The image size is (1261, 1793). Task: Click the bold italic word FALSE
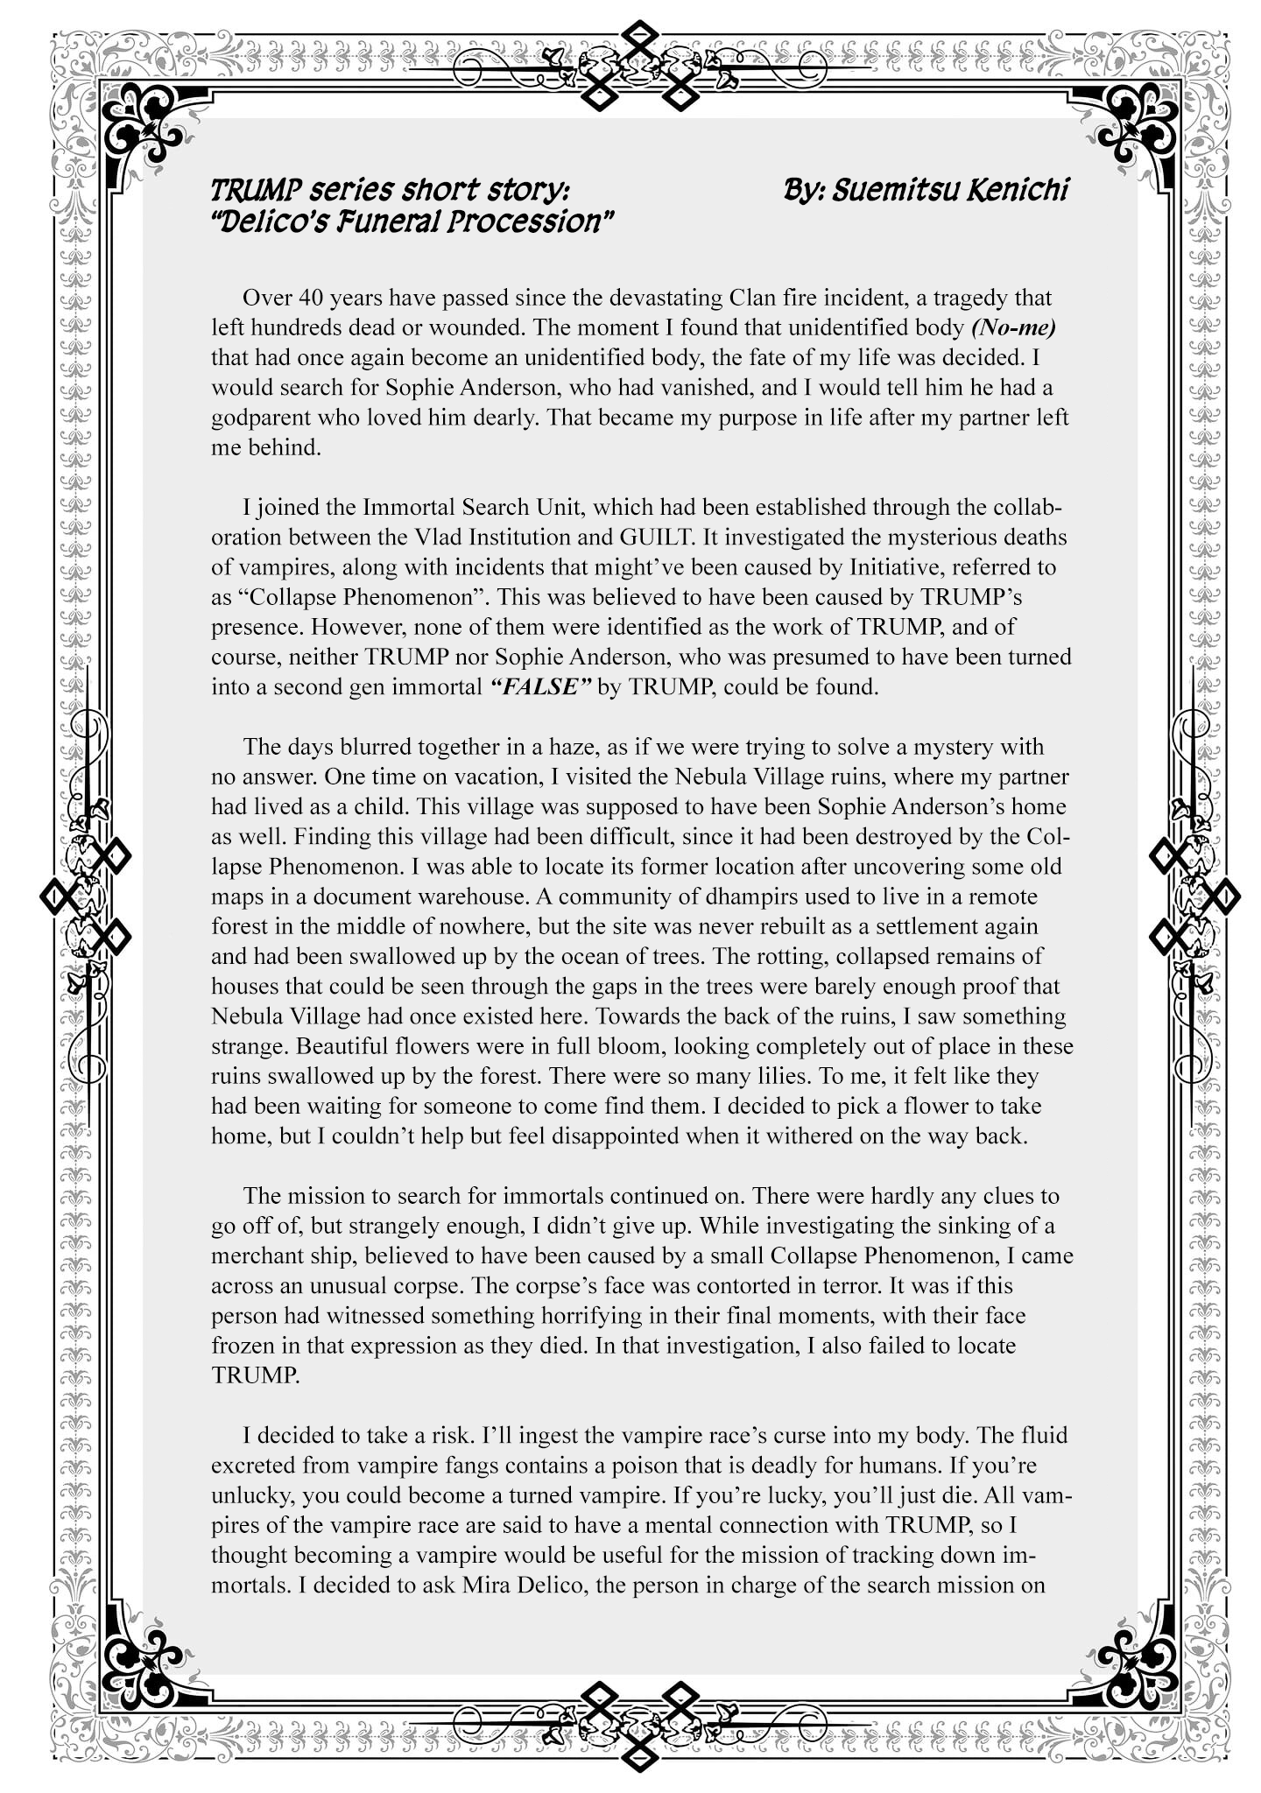541,686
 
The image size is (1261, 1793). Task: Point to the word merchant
258,1255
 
